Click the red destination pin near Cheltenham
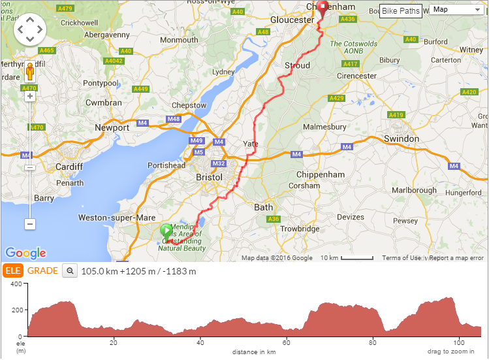click(x=321, y=9)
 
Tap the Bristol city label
click(x=209, y=177)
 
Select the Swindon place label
click(x=401, y=139)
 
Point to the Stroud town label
click(x=297, y=65)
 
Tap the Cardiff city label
click(x=69, y=167)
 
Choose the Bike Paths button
click(x=401, y=10)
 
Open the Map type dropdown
click(x=456, y=9)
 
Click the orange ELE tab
click(x=12, y=270)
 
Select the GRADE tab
click(x=42, y=270)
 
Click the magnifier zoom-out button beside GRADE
click(x=70, y=270)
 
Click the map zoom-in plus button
click(x=29, y=96)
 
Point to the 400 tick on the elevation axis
click(x=16, y=284)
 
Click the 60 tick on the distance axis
click(x=286, y=342)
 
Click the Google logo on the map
click(x=25, y=253)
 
